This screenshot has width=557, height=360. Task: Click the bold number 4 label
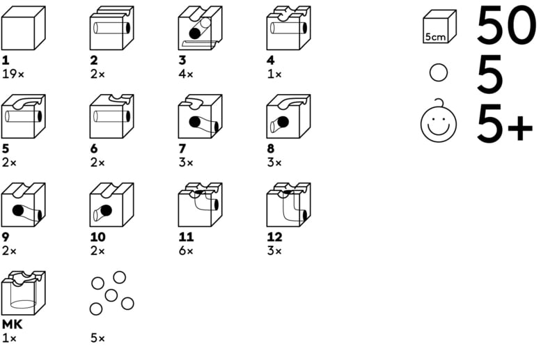click(270, 60)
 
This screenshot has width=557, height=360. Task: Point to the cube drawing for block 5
click(23, 116)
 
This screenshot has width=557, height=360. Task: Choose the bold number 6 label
click(93, 148)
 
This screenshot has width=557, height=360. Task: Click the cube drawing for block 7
click(200, 116)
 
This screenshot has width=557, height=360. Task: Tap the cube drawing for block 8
click(288, 116)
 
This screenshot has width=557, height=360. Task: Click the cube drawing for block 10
click(111, 205)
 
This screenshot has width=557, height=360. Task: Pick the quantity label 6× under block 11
click(185, 250)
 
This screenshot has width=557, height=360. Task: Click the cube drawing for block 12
click(288, 205)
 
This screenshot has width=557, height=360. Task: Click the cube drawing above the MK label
click(23, 293)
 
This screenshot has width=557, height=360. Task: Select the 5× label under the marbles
click(97, 338)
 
